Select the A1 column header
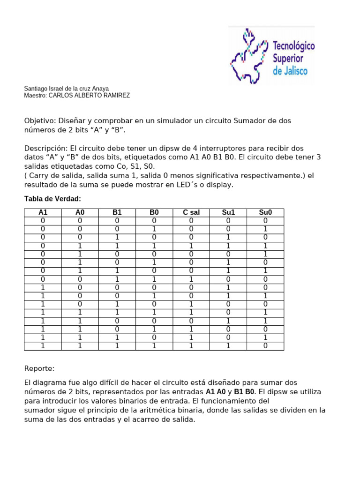coord(43,212)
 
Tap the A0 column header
coord(80,212)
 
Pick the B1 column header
coord(117,212)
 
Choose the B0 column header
coord(154,212)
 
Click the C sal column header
coord(191,212)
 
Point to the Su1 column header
coord(228,212)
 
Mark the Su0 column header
coord(265,212)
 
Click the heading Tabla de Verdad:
coord(52,199)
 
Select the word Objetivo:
coord(39,121)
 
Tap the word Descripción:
coord(46,148)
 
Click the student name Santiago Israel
coord(45,89)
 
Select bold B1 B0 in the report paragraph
coord(245,392)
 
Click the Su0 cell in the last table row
coord(265,346)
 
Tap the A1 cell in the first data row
coord(43,221)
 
